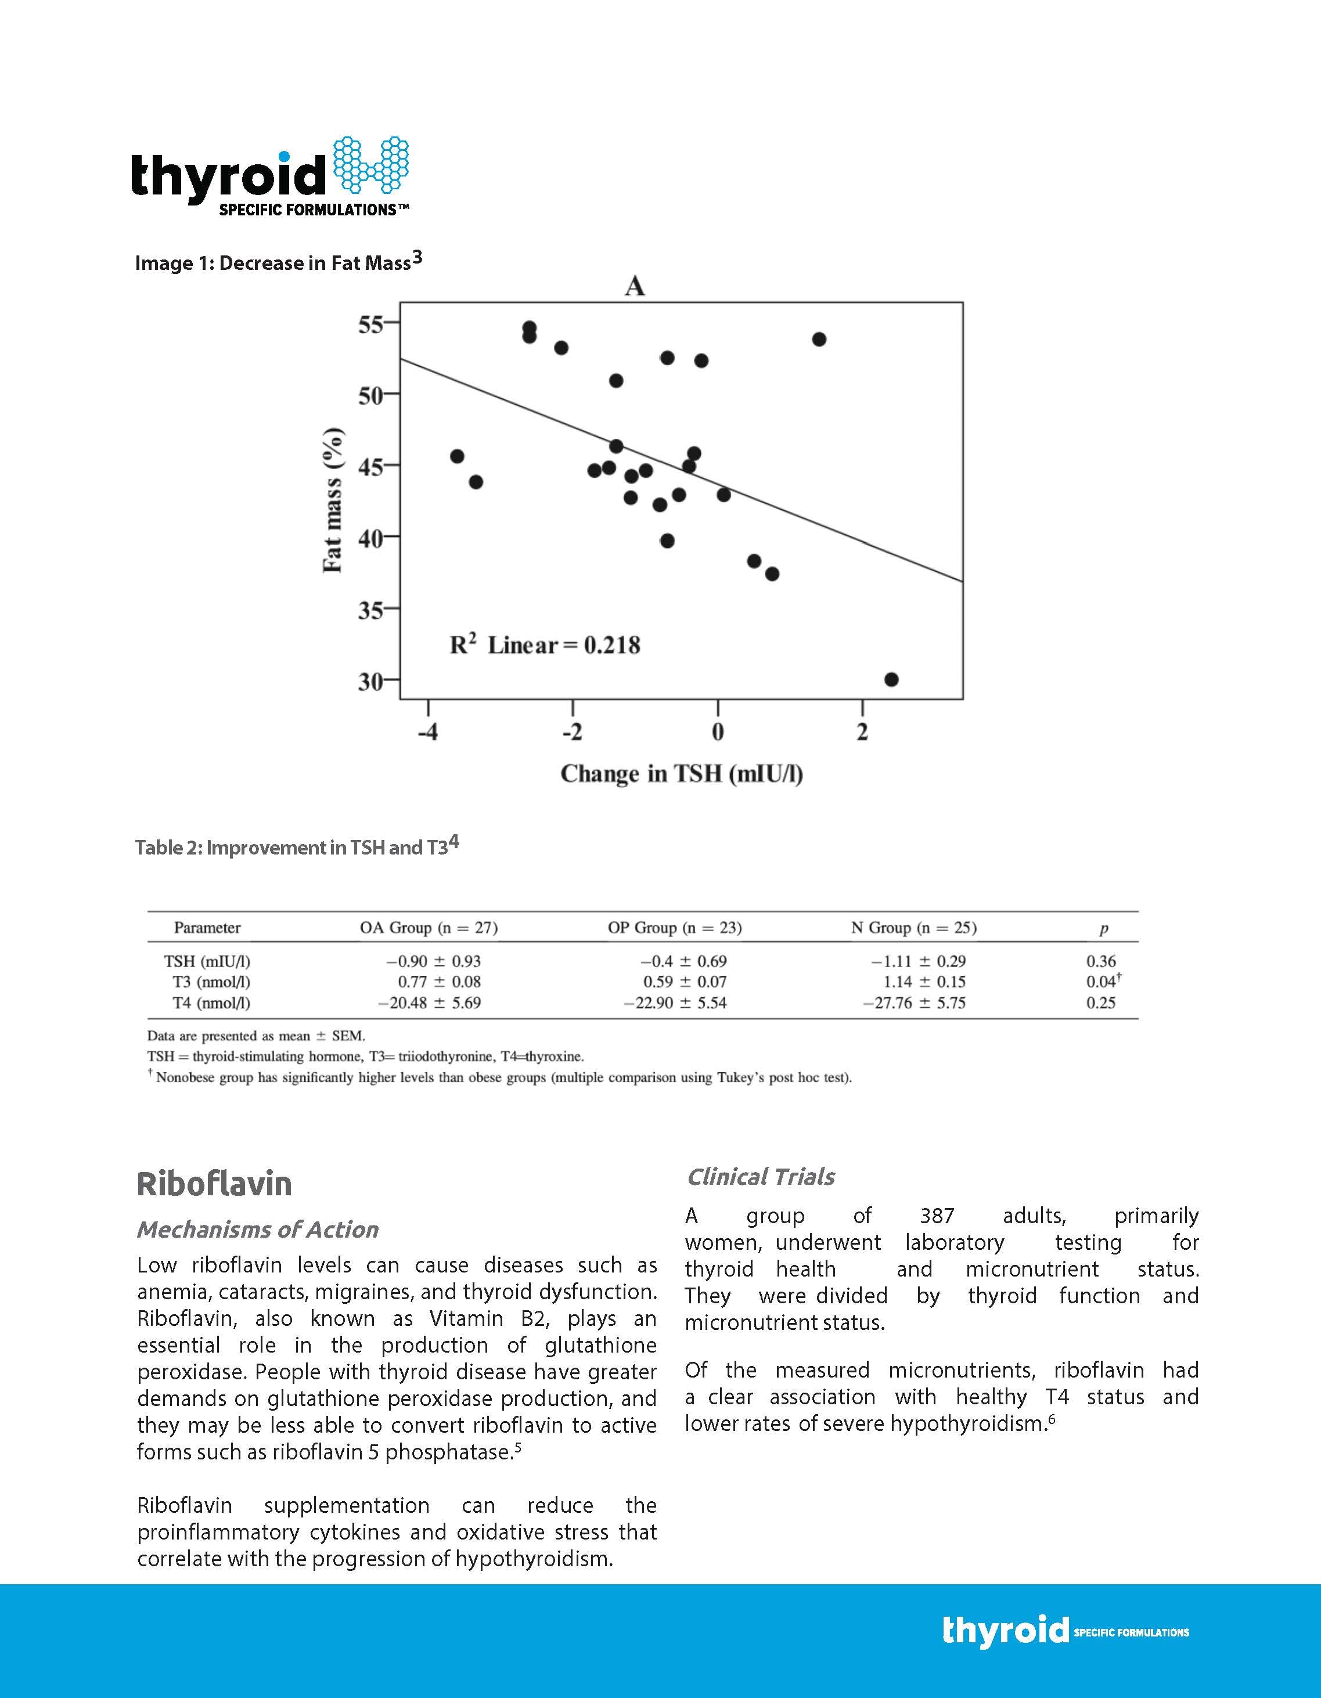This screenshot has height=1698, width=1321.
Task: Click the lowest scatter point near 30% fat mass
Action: pyautogui.click(x=891, y=680)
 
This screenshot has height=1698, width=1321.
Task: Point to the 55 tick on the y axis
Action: pyautogui.click(x=372, y=324)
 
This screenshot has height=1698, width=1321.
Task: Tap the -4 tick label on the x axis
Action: pyautogui.click(x=427, y=733)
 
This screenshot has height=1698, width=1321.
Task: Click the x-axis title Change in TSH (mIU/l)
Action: pyautogui.click(x=681, y=774)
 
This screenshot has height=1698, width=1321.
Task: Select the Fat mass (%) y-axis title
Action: pyautogui.click(x=333, y=500)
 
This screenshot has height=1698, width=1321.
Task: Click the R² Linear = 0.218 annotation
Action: pyautogui.click(x=545, y=644)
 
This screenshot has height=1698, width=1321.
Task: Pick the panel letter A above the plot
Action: pyautogui.click(x=635, y=287)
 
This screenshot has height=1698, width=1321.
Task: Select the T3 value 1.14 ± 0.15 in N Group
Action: pyautogui.click(x=924, y=982)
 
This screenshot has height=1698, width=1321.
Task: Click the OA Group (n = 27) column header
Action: pyautogui.click(x=429, y=928)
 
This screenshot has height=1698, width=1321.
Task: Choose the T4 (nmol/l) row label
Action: pyautogui.click(x=211, y=1003)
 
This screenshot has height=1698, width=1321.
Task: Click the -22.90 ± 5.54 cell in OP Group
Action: pyautogui.click(x=675, y=1003)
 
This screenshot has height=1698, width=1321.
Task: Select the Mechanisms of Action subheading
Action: pyautogui.click(x=257, y=1229)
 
